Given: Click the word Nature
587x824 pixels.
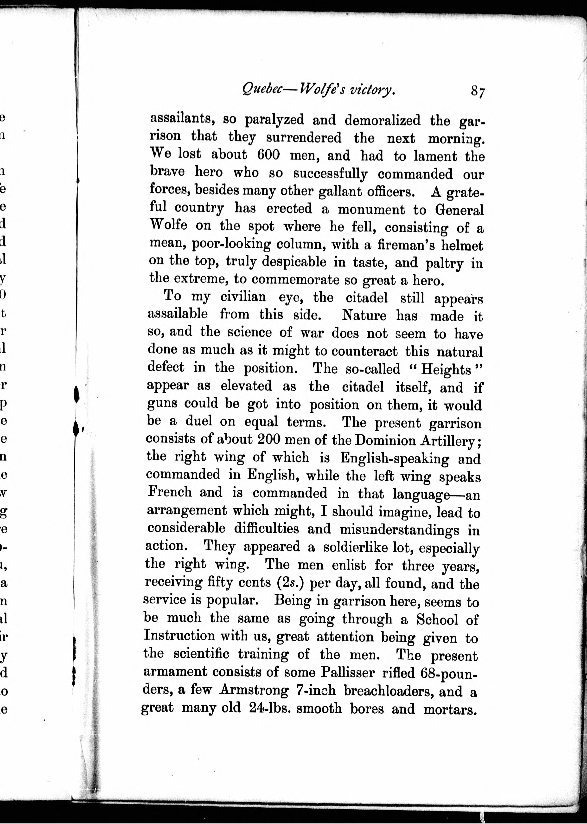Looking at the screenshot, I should pyautogui.click(x=364, y=316).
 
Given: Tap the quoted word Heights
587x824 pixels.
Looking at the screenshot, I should pyautogui.click(x=446, y=369).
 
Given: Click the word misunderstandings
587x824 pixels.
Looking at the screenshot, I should pyautogui.click(x=399, y=530).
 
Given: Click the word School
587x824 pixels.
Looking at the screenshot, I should pyautogui.click(x=437, y=619).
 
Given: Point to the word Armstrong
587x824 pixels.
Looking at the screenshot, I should pyautogui.click(x=254, y=690).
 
